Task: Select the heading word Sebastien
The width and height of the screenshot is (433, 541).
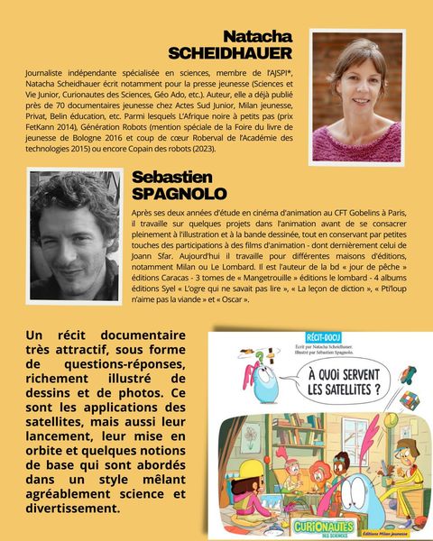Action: click(x=171, y=178)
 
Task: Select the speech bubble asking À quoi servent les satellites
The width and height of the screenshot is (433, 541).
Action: click(x=350, y=380)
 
